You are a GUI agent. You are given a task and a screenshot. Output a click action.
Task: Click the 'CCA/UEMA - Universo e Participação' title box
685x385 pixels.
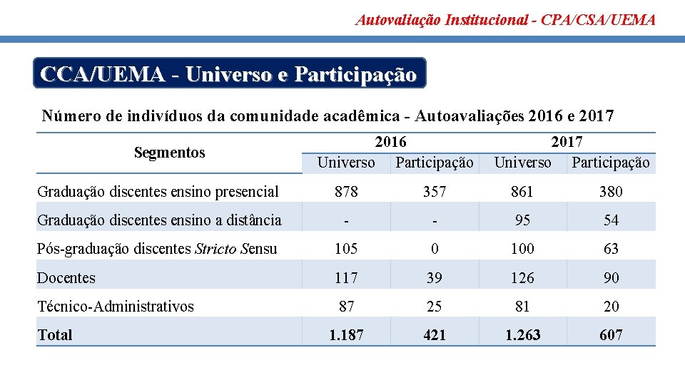pyautogui.click(x=229, y=73)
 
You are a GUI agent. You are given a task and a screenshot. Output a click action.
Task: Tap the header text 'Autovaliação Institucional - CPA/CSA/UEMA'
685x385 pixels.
pyautogui.click(x=505, y=20)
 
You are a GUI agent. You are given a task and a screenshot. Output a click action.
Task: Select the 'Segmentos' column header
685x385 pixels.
pyautogui.click(x=169, y=153)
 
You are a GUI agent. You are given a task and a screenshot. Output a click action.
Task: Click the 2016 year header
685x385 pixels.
pyautogui.click(x=390, y=143)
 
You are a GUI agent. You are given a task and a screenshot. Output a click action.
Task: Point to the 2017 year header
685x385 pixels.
pyautogui.click(x=567, y=143)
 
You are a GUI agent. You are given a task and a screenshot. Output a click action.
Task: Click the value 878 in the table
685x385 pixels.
pyautogui.click(x=346, y=192)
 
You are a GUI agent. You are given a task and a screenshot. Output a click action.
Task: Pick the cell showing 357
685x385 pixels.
pyautogui.click(x=434, y=192)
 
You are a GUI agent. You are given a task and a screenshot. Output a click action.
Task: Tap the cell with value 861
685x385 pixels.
pyautogui.click(x=522, y=192)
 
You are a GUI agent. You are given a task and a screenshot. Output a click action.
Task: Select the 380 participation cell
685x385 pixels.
pyautogui.click(x=611, y=192)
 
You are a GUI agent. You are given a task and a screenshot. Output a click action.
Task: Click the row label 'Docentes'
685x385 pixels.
pyautogui.click(x=66, y=278)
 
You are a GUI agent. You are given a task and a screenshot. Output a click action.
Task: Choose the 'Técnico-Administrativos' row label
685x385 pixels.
pyautogui.click(x=115, y=307)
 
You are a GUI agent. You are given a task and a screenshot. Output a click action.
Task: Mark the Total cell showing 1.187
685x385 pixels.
pyautogui.click(x=346, y=335)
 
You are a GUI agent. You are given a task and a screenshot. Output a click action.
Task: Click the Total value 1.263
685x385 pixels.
pyautogui.click(x=522, y=335)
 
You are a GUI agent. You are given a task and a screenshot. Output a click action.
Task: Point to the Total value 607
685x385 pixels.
pyautogui.click(x=611, y=335)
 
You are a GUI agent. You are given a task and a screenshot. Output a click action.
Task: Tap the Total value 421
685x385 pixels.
pyautogui.click(x=434, y=335)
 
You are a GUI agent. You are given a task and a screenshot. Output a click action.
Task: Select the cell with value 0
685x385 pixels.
pyautogui.click(x=434, y=250)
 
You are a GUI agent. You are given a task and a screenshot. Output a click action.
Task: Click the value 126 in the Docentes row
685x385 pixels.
pyautogui.click(x=522, y=278)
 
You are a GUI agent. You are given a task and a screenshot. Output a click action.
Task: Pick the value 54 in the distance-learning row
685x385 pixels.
pyautogui.click(x=611, y=220)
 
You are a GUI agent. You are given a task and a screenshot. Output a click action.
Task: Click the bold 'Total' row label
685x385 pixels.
pyautogui.click(x=55, y=335)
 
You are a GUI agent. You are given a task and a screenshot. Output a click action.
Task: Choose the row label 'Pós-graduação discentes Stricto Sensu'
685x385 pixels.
pyautogui.click(x=157, y=250)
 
